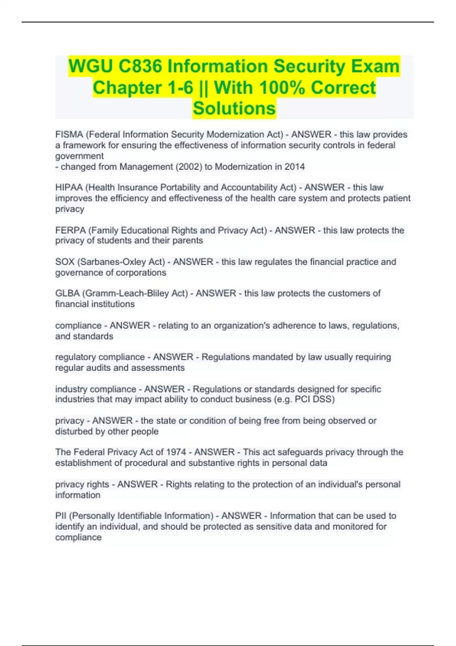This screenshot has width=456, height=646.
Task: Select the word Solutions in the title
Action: click(x=234, y=109)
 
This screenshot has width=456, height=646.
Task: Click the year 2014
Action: click(x=294, y=167)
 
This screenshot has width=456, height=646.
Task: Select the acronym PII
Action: click(x=61, y=516)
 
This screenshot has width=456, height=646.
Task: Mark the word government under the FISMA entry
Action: click(x=79, y=156)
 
